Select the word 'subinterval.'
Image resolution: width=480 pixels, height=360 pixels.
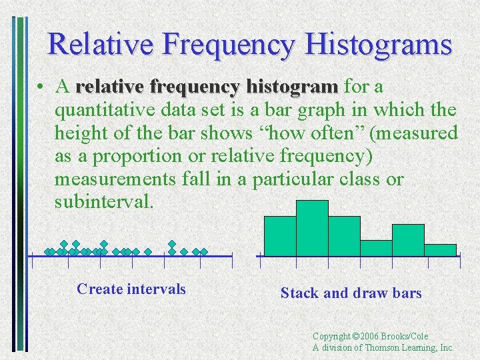104,201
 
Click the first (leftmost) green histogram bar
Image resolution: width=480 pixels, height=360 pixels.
280,236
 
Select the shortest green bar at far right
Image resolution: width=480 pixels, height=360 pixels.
440,250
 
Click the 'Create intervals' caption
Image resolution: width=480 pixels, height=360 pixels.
131,289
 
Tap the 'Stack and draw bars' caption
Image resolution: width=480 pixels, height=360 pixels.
351,293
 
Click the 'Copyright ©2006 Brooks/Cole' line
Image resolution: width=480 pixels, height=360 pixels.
370,336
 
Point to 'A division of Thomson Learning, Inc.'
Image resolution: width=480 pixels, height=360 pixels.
383,347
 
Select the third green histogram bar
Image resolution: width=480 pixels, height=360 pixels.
344,236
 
